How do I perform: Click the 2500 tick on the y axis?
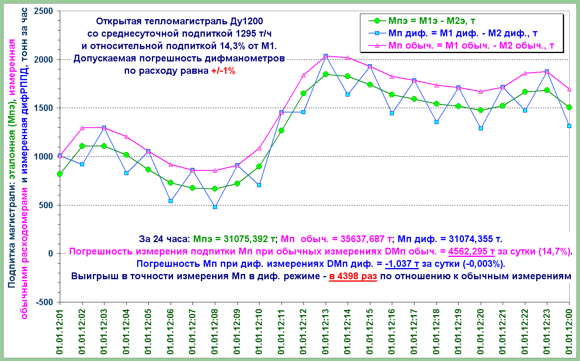point(44,11)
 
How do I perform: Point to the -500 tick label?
point(45,302)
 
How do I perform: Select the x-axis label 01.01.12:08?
point(215,331)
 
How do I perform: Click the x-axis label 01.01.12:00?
point(569,331)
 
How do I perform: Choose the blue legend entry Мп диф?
point(462,34)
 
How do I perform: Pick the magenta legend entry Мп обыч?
point(471,45)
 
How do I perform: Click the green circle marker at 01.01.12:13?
point(326,74)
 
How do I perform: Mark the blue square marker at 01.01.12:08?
point(215,207)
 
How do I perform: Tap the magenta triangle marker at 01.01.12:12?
point(303,75)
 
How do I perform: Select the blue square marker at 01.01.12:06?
point(171,201)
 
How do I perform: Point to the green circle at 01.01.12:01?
point(60,174)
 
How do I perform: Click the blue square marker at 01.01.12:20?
point(481,128)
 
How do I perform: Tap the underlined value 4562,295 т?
point(472,252)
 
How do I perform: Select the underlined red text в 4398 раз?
point(353,276)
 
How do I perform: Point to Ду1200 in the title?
point(246,21)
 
